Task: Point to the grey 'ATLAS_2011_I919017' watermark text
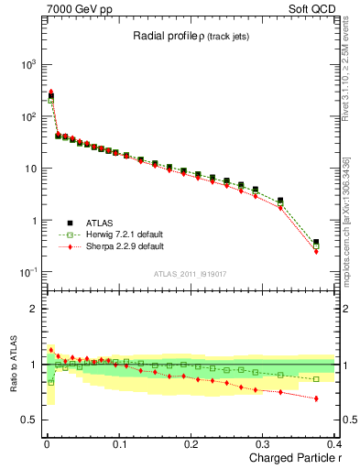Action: coord(189,272)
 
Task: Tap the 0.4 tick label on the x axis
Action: coord(333,443)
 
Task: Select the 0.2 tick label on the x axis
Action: coord(191,443)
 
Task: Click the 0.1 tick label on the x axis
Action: coord(119,443)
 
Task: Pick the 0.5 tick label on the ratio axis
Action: coord(31,420)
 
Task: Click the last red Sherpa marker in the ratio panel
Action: coord(316,398)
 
